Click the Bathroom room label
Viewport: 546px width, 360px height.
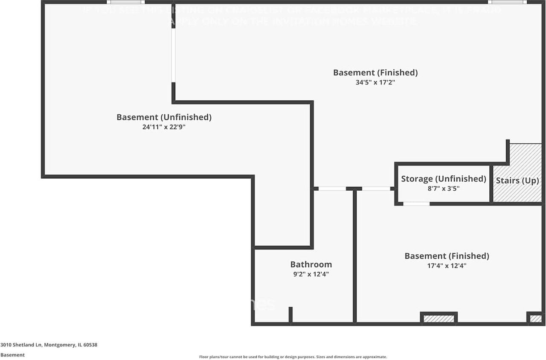311,264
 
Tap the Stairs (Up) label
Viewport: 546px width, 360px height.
517,180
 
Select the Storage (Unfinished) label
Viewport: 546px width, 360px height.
444,179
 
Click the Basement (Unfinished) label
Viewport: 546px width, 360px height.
164,117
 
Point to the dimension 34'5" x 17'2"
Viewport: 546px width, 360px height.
375,83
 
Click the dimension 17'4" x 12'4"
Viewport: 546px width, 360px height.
447,266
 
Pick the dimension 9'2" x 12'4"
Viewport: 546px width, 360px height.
311,274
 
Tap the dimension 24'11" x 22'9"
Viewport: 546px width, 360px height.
164,127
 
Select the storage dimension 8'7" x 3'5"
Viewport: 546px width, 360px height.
444,189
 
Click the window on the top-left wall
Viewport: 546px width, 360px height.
123,2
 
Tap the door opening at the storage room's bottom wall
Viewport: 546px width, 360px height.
416,204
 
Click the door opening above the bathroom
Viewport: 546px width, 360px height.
332,189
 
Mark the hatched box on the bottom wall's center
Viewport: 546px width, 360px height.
439,318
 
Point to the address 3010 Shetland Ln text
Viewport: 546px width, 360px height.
49,345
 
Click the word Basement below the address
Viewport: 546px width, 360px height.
12,354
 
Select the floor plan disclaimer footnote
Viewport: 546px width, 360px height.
293,357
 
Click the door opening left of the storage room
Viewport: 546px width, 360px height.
376,189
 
